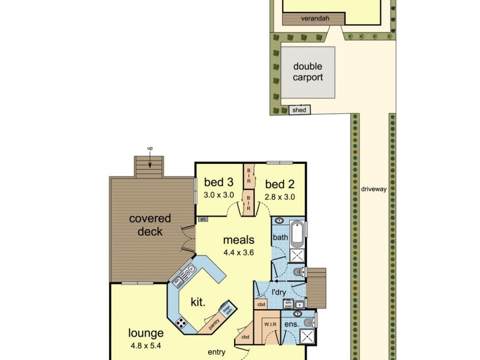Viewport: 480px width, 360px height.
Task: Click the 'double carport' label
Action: point(308,73)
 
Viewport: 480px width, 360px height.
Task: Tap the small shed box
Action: point(298,110)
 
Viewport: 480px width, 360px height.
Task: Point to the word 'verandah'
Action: point(313,19)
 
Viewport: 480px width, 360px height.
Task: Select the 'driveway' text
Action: point(373,189)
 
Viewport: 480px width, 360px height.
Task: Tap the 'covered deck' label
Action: point(149,225)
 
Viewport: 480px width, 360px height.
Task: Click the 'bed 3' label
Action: point(218,183)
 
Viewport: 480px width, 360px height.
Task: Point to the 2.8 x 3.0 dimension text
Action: point(279,196)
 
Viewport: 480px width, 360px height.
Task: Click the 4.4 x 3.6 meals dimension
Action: point(239,253)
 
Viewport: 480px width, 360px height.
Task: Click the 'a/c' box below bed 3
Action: point(203,219)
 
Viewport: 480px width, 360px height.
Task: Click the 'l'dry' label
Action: point(278,292)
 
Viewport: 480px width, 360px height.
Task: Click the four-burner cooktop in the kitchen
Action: point(181,322)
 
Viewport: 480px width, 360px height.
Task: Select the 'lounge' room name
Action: point(145,333)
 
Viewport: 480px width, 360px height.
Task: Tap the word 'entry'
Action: point(217,352)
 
